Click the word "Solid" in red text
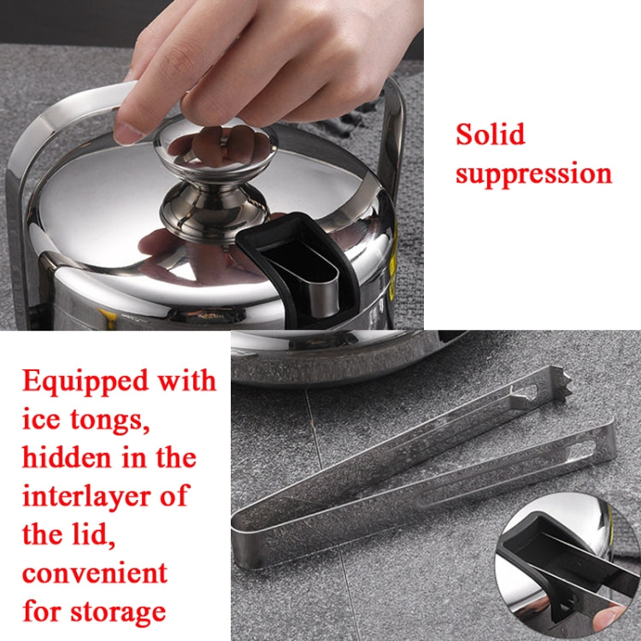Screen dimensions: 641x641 click(490, 135)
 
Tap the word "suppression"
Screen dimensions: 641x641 click(533, 174)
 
